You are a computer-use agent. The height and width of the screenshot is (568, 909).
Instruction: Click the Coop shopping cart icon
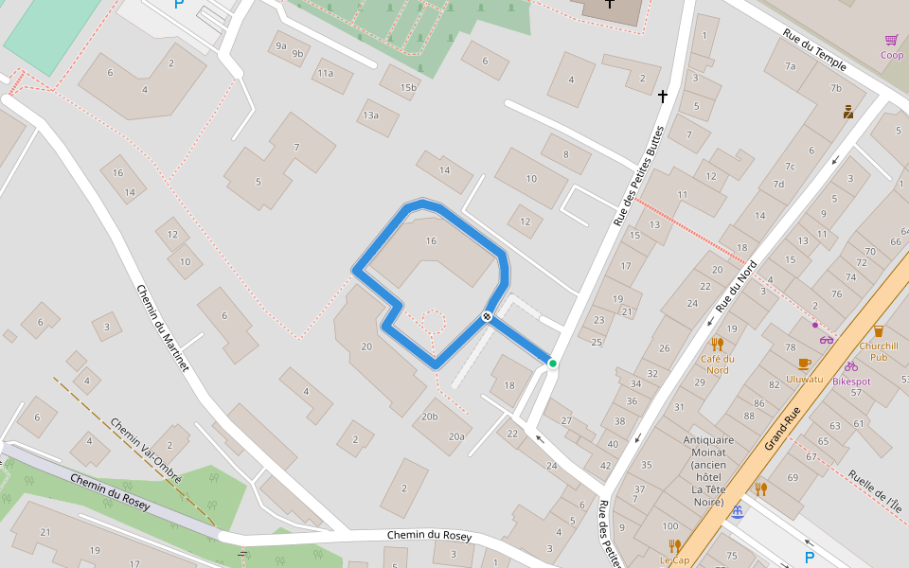tap(891, 40)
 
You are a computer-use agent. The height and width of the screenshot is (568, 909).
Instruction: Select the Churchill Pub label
tap(878, 351)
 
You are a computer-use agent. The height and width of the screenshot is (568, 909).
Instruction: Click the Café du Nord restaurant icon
tap(717, 344)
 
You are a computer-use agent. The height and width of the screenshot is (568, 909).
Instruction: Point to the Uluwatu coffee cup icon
tap(805, 364)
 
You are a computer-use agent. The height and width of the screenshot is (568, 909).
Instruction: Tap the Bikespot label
tap(850, 382)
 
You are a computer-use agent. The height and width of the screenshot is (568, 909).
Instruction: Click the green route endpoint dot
tap(552, 364)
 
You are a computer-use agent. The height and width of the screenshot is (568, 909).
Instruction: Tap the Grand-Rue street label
tap(783, 429)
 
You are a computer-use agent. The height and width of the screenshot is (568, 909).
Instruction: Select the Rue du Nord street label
tap(738, 286)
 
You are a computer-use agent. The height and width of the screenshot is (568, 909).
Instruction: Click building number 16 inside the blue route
tap(431, 241)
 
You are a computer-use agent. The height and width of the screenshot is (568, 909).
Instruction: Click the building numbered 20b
tap(430, 417)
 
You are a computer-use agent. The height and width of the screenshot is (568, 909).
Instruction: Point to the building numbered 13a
tap(369, 116)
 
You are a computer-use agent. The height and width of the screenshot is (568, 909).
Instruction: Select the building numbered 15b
tap(407, 88)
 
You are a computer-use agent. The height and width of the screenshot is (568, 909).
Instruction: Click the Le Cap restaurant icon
tap(674, 545)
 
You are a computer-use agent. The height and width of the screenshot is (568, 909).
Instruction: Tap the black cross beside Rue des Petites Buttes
tap(663, 97)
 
